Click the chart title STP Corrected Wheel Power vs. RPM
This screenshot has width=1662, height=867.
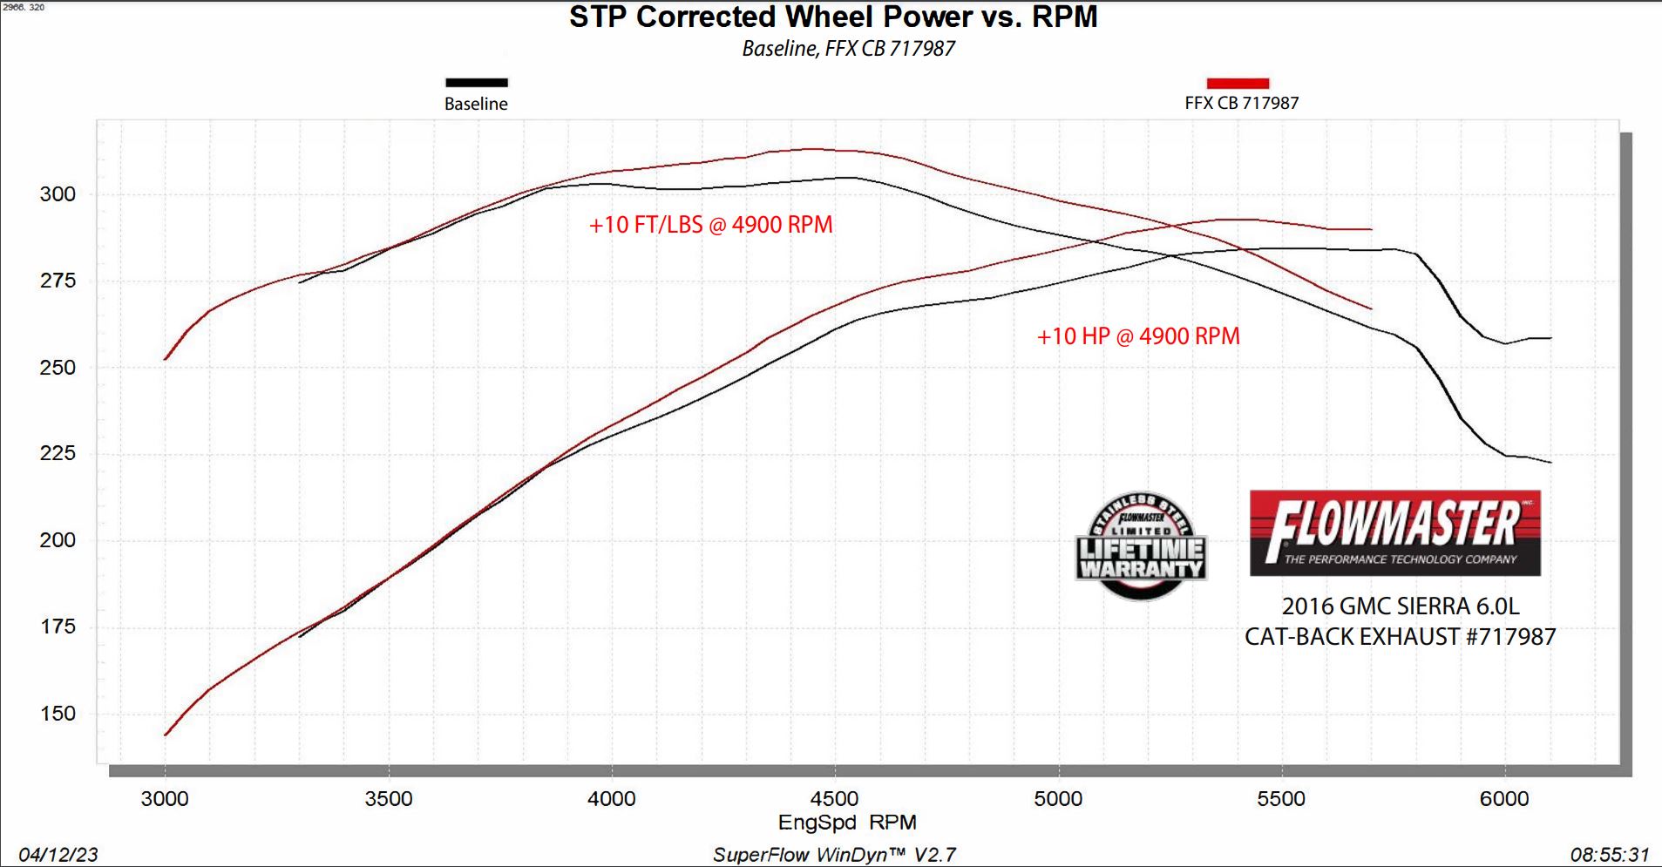tap(833, 17)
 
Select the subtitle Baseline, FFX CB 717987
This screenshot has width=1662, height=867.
tap(848, 49)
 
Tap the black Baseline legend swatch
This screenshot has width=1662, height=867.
tap(476, 83)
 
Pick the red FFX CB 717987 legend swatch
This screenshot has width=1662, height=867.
tap(1238, 83)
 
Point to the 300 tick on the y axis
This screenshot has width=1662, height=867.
tap(58, 194)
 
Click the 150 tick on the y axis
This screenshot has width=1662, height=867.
tap(58, 714)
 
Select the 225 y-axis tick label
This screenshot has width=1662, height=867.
tap(58, 453)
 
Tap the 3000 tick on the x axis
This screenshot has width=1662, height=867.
tap(165, 799)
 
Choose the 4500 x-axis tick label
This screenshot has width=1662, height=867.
tap(834, 799)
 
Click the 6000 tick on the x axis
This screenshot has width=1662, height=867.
tap(1505, 799)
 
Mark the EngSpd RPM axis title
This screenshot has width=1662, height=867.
tap(847, 823)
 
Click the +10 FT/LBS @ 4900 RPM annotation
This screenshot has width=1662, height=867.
tap(710, 225)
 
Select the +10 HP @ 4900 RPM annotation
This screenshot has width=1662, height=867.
tap(1138, 336)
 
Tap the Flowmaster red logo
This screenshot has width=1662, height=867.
tap(1395, 533)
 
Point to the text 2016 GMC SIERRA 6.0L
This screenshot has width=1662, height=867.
tap(1401, 606)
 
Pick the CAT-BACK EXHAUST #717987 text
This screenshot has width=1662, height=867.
tap(1400, 637)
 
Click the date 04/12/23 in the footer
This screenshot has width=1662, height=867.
tap(58, 855)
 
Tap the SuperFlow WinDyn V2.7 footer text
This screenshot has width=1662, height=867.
tap(834, 855)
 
